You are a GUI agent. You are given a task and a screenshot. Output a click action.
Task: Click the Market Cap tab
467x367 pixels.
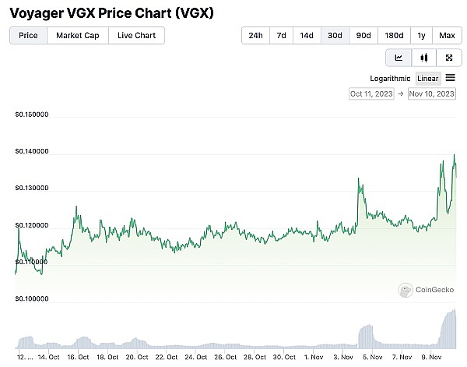(x=77, y=35)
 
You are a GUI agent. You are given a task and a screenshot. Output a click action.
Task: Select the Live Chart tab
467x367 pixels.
(x=136, y=35)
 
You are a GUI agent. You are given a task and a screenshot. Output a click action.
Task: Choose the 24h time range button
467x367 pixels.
(x=255, y=35)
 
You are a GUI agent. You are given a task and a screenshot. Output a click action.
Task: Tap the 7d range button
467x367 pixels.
(x=281, y=35)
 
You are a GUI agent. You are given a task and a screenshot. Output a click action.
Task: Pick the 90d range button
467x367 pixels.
(x=363, y=35)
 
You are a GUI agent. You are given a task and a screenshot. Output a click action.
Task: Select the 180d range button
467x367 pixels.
(x=394, y=35)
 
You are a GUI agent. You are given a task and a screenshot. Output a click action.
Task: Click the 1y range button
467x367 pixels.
(x=421, y=35)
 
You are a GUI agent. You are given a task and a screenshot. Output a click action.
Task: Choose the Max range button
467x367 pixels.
(x=447, y=35)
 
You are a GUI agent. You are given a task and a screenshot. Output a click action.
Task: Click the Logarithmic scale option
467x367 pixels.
(x=390, y=78)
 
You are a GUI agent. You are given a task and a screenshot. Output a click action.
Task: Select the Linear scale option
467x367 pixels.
(x=428, y=78)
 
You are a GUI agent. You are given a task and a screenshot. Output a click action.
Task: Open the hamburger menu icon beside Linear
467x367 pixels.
(x=451, y=77)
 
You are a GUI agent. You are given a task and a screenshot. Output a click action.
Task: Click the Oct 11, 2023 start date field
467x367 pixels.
(x=372, y=94)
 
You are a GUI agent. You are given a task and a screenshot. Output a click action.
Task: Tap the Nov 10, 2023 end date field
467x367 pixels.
(x=432, y=94)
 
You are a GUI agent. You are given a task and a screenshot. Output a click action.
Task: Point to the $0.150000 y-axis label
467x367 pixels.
(x=32, y=115)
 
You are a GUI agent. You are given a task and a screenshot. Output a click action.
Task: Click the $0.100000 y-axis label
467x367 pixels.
(x=32, y=298)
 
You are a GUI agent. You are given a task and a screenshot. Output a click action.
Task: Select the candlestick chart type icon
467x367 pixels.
(x=424, y=58)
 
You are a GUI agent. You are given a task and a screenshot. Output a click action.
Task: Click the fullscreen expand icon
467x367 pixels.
(x=449, y=58)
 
